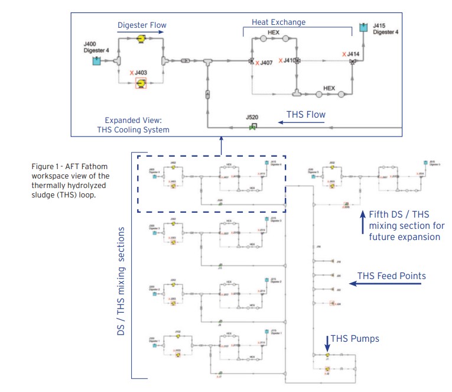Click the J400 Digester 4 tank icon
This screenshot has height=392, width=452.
(97, 61)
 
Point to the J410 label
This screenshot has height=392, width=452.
(288, 60)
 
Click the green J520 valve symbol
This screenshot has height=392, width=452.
(253, 126)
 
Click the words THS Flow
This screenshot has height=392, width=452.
(306, 115)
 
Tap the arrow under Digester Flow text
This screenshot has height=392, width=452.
(139, 33)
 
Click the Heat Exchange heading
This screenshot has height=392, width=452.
(279, 22)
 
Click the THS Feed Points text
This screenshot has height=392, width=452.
(392, 276)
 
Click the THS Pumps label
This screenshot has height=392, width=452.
(355, 339)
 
